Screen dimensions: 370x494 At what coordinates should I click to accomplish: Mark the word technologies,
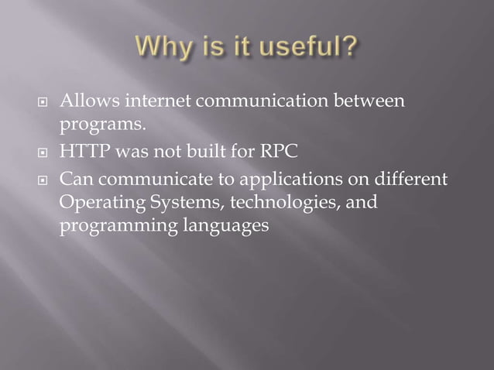click(x=271, y=204)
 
